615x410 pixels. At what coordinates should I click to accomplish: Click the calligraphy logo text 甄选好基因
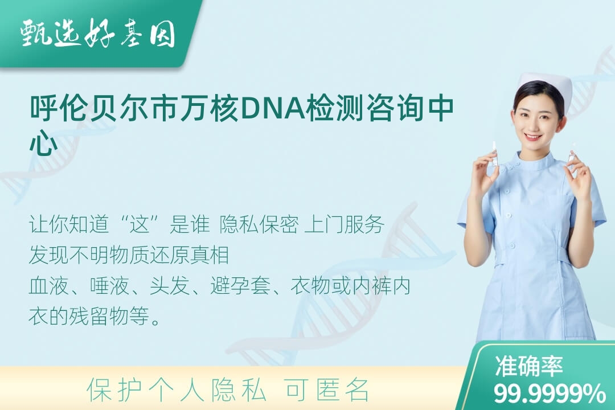(x=98, y=34)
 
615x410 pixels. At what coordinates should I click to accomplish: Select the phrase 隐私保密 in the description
(x=259, y=225)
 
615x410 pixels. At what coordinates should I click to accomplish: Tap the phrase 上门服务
(x=344, y=225)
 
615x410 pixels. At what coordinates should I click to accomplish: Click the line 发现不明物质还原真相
(x=129, y=256)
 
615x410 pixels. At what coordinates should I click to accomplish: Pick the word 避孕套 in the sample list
(x=240, y=286)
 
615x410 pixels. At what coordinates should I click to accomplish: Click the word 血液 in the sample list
(x=48, y=286)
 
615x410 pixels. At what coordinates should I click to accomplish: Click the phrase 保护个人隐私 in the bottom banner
(x=176, y=391)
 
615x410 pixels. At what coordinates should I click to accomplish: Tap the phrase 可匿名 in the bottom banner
(x=327, y=391)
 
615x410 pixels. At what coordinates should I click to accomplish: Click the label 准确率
(x=528, y=366)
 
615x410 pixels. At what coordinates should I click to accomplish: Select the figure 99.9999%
(x=549, y=393)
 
